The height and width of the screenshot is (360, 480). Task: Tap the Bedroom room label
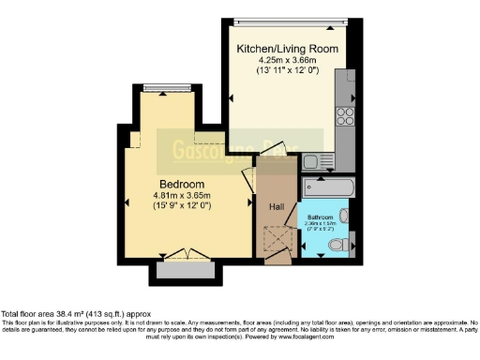click(x=182, y=184)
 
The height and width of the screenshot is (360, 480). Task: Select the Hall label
click(x=277, y=206)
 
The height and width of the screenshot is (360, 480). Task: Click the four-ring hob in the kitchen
click(x=345, y=117)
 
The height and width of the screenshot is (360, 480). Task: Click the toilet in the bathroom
click(x=341, y=245)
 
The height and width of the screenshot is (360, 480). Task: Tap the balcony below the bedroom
click(x=185, y=272)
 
